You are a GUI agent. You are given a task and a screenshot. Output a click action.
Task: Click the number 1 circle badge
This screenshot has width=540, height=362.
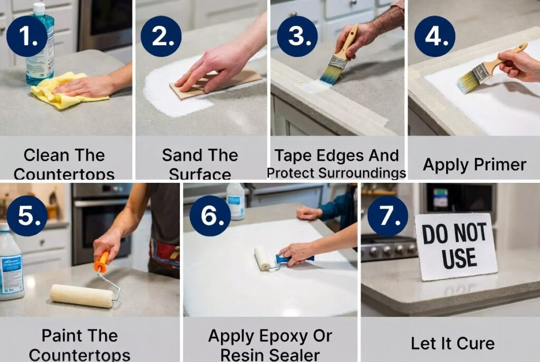27,36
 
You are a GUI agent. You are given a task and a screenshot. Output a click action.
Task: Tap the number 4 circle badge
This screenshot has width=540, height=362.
435,36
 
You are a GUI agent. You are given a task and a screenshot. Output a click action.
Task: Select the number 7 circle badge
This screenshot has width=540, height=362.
388,216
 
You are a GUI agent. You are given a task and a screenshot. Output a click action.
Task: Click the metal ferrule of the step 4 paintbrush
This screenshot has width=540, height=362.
480,71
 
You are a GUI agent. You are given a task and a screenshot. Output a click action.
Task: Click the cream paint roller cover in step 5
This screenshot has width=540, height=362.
82,296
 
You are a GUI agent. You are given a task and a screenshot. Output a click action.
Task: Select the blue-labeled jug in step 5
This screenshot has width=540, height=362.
11,261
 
